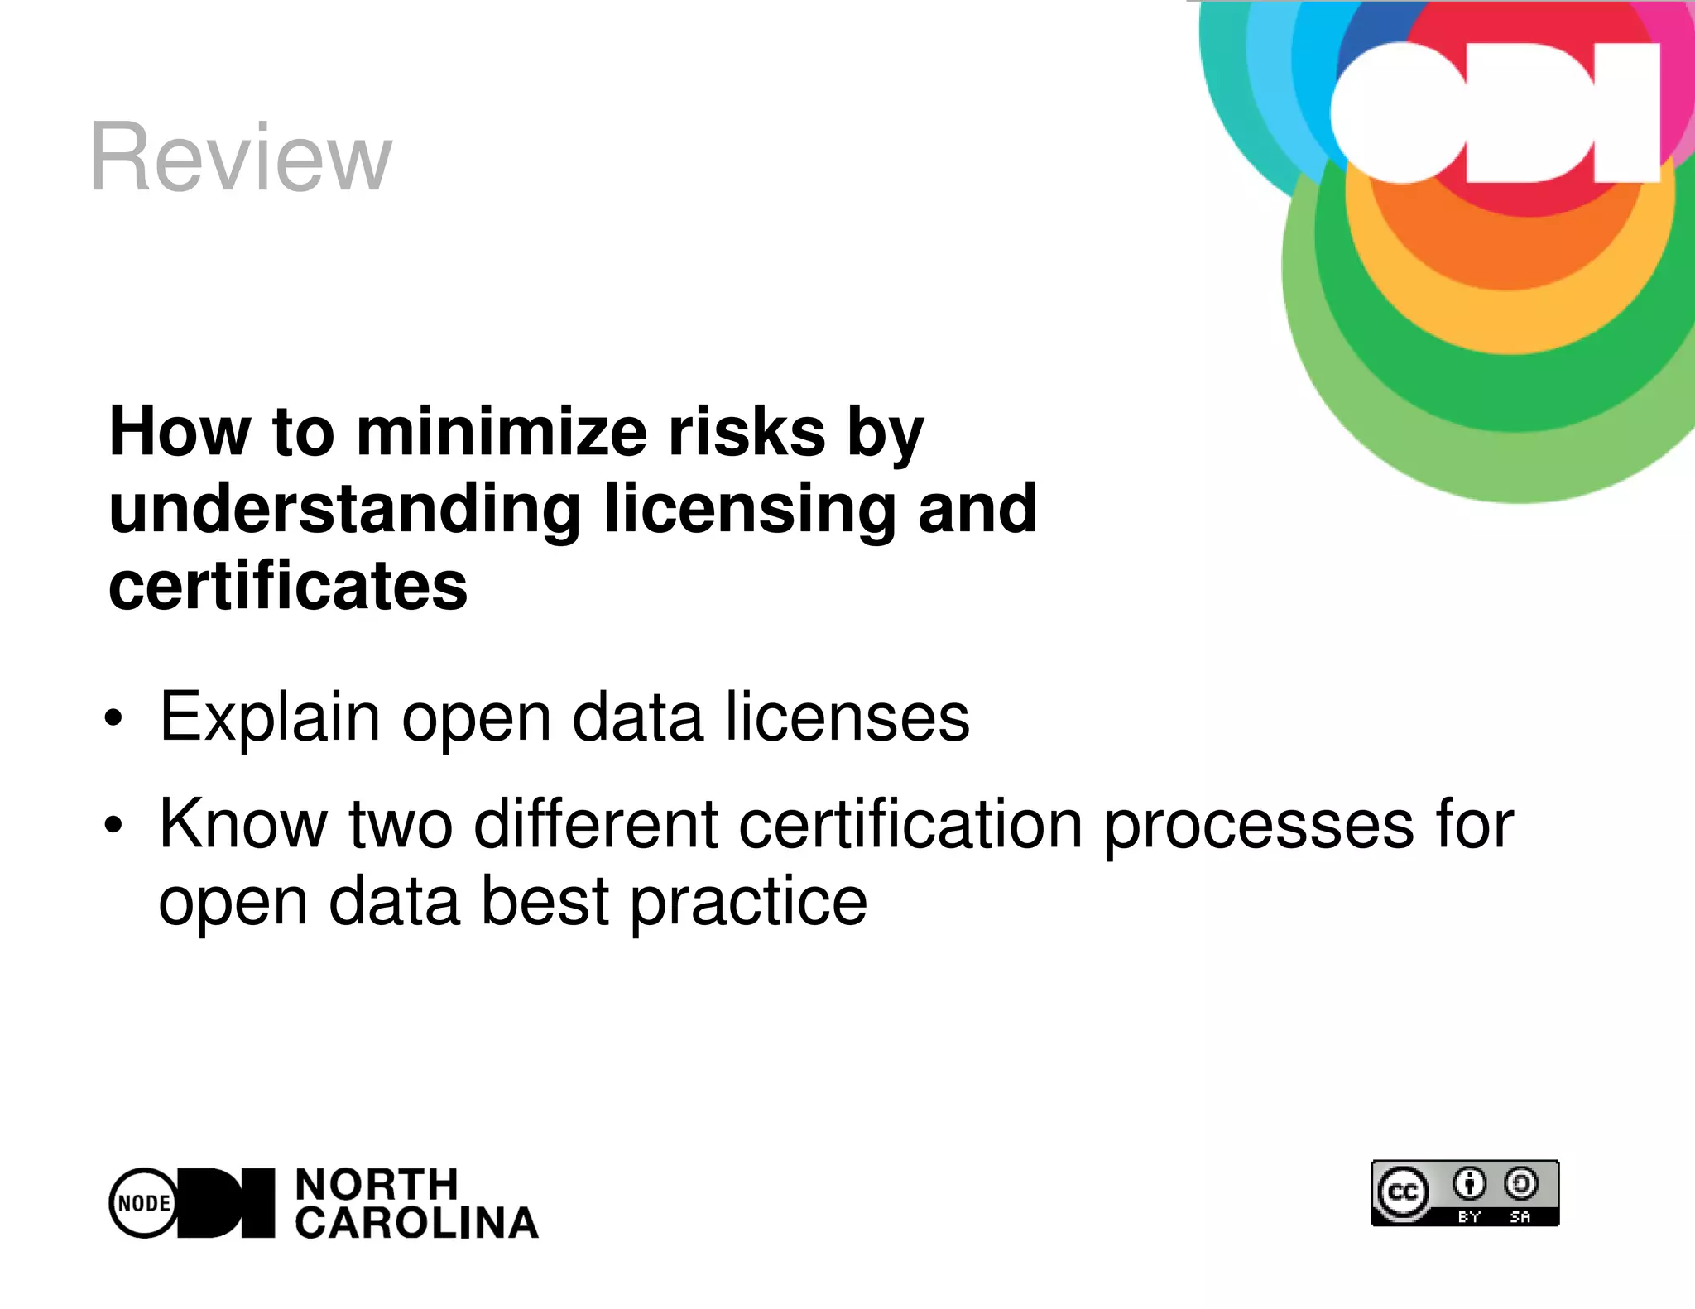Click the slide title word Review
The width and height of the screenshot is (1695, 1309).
coord(241,157)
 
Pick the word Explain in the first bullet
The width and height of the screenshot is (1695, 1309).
coord(270,717)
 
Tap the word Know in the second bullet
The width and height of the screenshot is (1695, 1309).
coord(244,824)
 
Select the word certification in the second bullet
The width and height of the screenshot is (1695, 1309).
coord(910,824)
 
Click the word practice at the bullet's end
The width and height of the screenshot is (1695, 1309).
coord(748,902)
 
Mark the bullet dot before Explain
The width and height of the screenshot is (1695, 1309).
coord(113,719)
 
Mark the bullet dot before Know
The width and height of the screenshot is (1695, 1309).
coord(113,825)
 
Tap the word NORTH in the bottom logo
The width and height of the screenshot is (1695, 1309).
coord(377,1185)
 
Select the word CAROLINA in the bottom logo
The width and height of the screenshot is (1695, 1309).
coord(417,1223)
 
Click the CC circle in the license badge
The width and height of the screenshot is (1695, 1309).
coord(1403,1192)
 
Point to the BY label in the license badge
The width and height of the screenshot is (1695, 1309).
coord(1469,1216)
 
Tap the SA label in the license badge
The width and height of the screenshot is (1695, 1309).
coord(1520,1216)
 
